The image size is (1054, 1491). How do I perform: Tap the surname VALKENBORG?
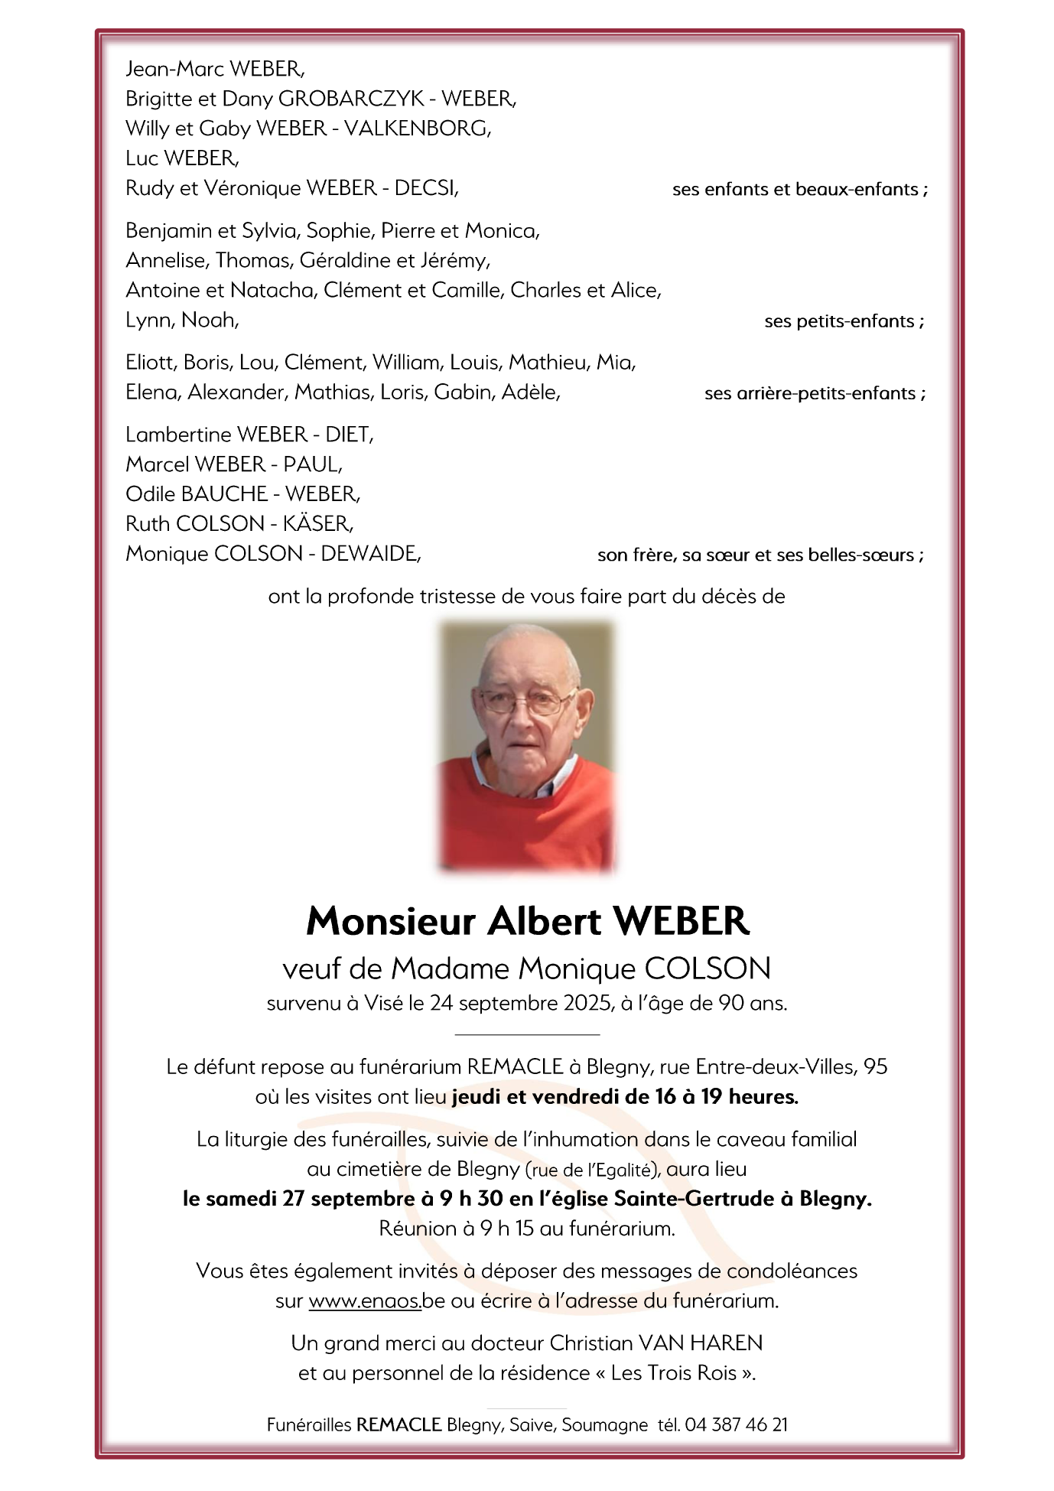click(x=416, y=129)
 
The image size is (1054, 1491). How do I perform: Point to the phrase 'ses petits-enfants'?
click(x=839, y=321)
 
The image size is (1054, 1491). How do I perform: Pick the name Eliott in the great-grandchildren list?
click(x=151, y=363)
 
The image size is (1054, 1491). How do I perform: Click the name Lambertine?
click(x=178, y=435)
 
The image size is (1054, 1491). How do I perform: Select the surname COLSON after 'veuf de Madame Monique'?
click(x=708, y=969)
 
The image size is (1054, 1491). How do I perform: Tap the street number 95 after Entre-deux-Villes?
click(x=875, y=1067)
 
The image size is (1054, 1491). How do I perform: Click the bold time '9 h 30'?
click(x=470, y=1199)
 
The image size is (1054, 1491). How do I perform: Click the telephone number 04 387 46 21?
click(x=736, y=1424)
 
